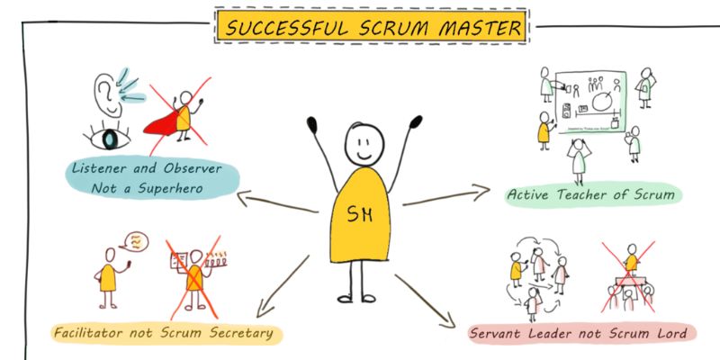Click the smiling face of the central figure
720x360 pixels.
click(x=362, y=144)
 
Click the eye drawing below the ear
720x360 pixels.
click(x=110, y=139)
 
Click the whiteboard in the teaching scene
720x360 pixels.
click(x=590, y=103)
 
